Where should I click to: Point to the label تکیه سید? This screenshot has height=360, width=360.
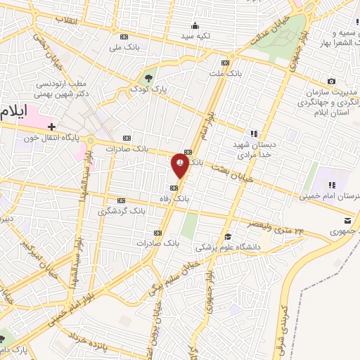click(x=196, y=35)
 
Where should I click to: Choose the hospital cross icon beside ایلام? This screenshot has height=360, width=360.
click(x=52, y=127)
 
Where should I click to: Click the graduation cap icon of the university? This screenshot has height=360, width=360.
click(x=228, y=236)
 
